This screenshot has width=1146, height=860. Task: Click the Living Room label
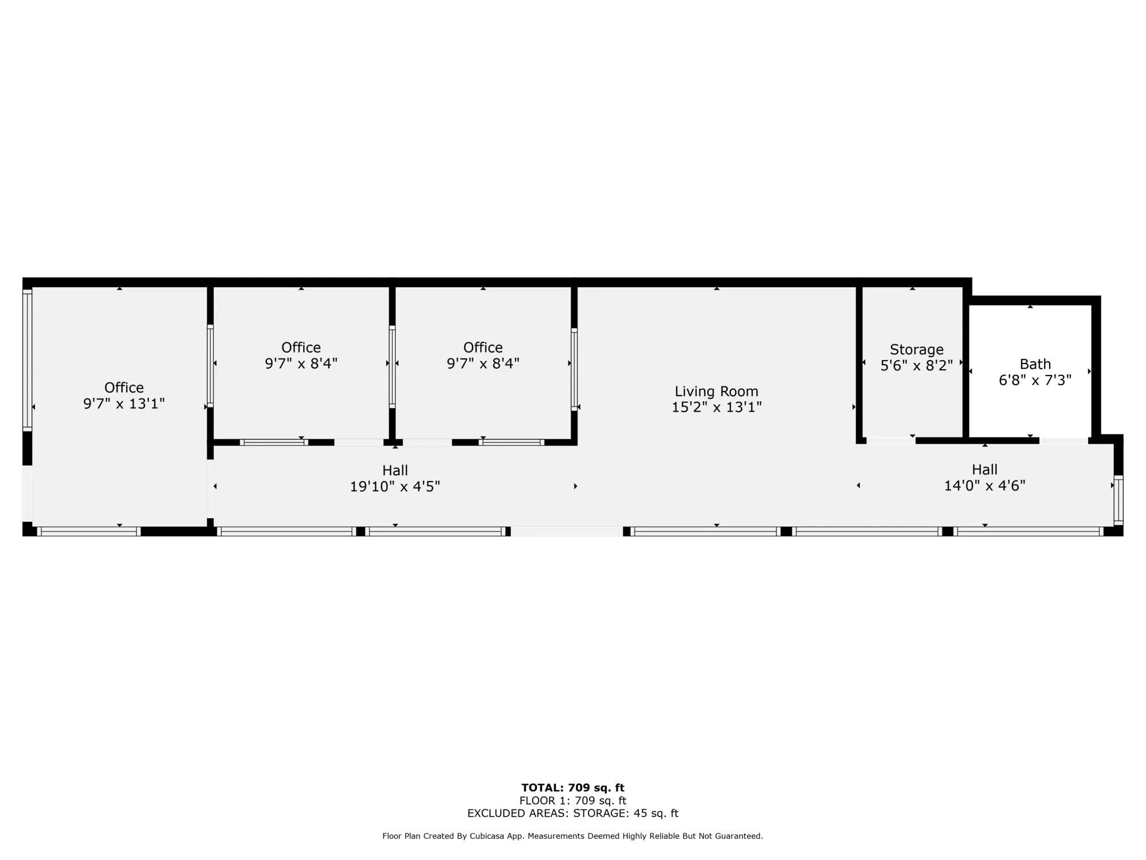pyautogui.click(x=716, y=392)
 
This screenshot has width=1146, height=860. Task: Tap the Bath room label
pyautogui.click(x=1035, y=364)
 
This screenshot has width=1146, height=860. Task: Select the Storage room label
pyautogui.click(x=916, y=349)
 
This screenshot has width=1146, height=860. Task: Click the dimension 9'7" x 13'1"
pyautogui.click(x=124, y=404)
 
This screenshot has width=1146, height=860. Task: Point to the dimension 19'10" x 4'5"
pyautogui.click(x=395, y=487)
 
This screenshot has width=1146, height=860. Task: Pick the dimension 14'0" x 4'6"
pyautogui.click(x=984, y=486)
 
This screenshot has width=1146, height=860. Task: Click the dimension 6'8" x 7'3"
pyautogui.click(x=1035, y=380)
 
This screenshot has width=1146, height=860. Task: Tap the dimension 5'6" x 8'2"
pyautogui.click(x=916, y=365)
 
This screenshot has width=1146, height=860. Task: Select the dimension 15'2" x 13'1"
pyautogui.click(x=716, y=407)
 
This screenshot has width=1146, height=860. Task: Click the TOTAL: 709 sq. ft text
pyautogui.click(x=572, y=788)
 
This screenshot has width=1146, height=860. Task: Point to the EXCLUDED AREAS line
pyautogui.click(x=572, y=813)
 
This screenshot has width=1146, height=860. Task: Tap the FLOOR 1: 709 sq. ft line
pyautogui.click(x=572, y=800)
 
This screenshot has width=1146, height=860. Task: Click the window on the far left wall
pyautogui.click(x=27, y=360)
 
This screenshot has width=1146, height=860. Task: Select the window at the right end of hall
pyautogui.click(x=1118, y=500)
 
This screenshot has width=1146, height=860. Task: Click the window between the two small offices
pyautogui.click(x=392, y=366)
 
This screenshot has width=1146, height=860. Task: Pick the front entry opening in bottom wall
pyautogui.click(x=567, y=531)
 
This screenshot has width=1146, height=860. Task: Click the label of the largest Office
pyautogui.click(x=124, y=388)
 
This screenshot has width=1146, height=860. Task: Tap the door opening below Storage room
pyautogui.click(x=890, y=440)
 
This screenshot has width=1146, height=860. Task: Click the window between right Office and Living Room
pyautogui.click(x=574, y=369)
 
